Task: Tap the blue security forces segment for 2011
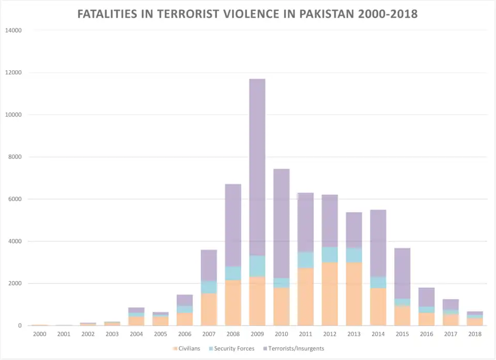click(305, 260)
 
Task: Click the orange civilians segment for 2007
click(209, 309)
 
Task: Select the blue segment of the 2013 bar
click(353, 255)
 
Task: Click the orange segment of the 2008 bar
click(233, 303)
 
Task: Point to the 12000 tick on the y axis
click(13, 72)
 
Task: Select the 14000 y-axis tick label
click(13, 30)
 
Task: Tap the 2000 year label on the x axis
click(40, 334)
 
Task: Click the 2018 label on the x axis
click(474, 334)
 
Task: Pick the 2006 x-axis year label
click(184, 334)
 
